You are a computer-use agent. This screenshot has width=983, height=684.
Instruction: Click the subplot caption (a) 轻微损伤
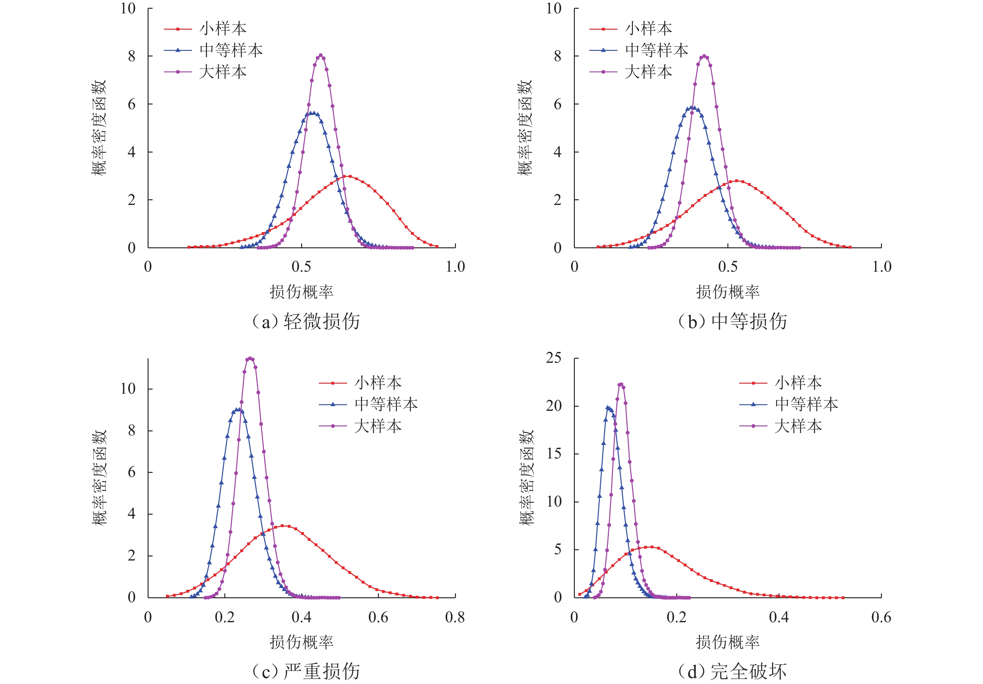coord(306,321)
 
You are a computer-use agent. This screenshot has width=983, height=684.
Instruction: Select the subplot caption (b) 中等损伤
coord(732,321)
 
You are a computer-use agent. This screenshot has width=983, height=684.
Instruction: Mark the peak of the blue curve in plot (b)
coord(694,108)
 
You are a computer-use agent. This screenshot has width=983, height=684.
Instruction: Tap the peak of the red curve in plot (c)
coord(286,526)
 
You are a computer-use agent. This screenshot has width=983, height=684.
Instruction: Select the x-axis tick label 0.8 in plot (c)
coord(455,617)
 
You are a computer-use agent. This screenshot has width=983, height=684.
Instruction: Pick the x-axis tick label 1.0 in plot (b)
coord(882,267)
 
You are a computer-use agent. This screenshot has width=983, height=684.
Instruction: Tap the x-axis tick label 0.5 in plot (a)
coord(301,267)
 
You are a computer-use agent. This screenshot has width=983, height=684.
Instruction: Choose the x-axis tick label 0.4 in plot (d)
coord(779,617)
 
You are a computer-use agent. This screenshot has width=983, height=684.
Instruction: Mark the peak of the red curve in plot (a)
coord(350,176)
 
